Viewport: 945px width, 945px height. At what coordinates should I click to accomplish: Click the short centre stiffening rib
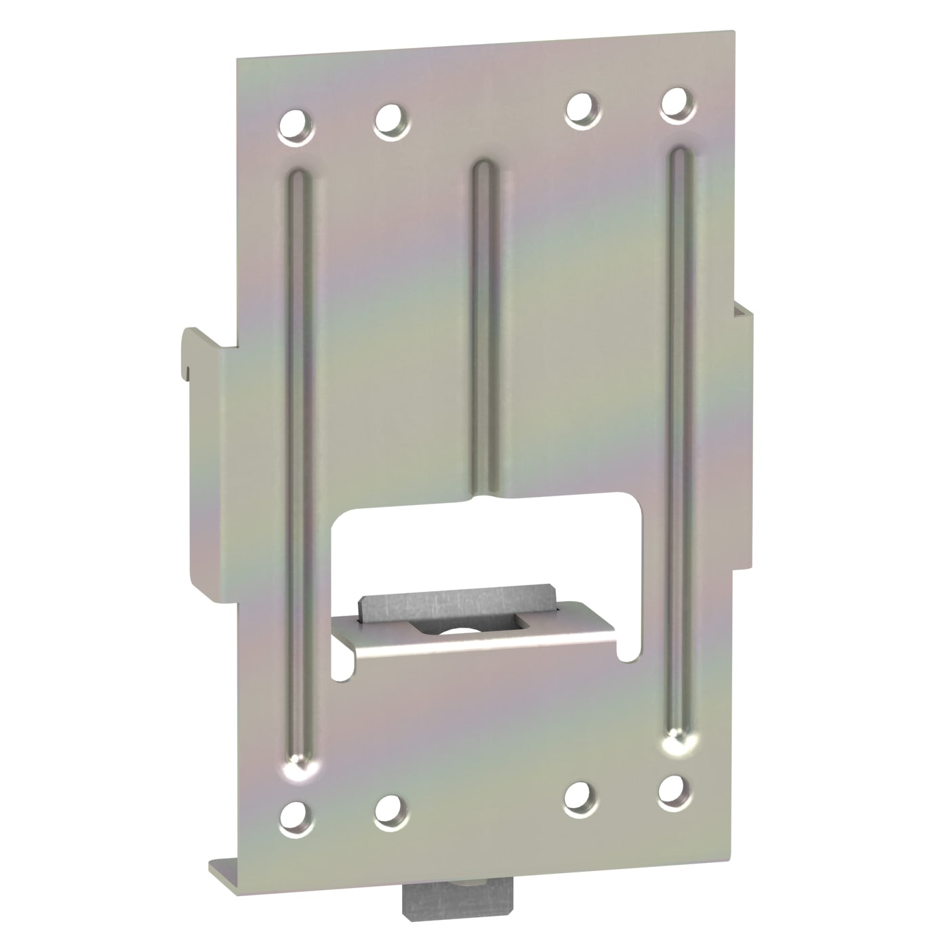tap(483, 325)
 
